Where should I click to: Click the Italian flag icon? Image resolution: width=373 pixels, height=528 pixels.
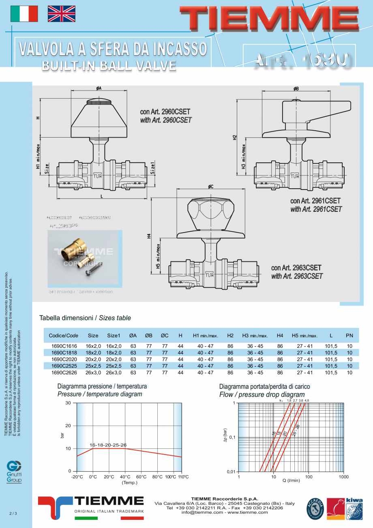tap(24, 14)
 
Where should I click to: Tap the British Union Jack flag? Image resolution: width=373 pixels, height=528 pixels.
tap(62, 14)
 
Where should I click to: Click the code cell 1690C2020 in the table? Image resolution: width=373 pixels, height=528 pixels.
tap(64, 359)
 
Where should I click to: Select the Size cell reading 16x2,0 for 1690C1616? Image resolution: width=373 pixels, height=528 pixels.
tap(93, 346)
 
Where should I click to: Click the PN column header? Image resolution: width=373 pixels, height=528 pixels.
tap(349, 336)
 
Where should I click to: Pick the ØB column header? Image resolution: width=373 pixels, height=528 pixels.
tap(149, 336)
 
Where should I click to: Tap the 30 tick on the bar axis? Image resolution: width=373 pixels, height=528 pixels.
tap(68, 403)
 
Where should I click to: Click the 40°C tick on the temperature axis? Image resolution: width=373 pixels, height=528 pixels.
tap(125, 477)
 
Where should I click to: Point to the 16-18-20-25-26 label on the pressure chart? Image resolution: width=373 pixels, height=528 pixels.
tap(108, 445)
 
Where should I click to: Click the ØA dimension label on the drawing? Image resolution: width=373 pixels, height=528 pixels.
tap(99, 88)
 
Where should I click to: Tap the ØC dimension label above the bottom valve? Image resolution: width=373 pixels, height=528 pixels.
tap(211, 187)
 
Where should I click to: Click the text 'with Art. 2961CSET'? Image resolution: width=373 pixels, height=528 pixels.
tap(316, 209)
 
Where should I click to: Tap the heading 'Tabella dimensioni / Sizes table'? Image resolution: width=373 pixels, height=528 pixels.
tap(85, 318)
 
